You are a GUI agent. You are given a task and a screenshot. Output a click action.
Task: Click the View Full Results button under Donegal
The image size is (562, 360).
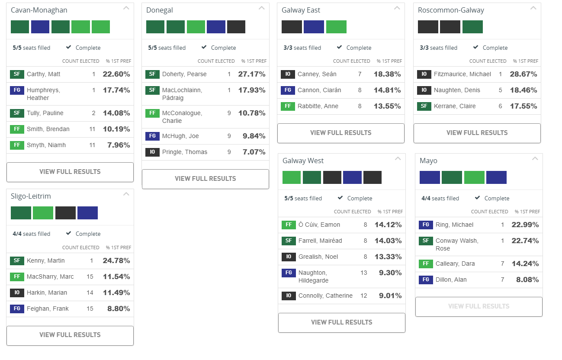[x=205, y=179]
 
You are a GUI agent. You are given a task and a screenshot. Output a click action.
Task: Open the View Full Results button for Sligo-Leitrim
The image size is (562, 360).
[x=70, y=335]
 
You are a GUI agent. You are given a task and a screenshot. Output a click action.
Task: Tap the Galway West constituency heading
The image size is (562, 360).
[x=303, y=161]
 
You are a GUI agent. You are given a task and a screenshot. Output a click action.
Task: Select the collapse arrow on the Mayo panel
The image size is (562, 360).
[x=535, y=159]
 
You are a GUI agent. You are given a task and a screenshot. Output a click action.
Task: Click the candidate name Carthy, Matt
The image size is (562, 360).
[x=43, y=74]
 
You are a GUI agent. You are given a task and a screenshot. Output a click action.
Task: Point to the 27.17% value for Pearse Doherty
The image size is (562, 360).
[x=251, y=74]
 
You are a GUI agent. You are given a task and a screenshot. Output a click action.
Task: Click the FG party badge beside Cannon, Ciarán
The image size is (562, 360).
[x=287, y=90]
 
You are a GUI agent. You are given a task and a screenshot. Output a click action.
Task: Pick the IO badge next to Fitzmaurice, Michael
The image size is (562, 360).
[x=424, y=74]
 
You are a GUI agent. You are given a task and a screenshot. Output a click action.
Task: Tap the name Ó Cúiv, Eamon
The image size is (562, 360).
[x=319, y=225]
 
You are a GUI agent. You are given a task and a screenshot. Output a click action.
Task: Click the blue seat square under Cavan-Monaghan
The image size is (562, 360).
[x=40, y=27]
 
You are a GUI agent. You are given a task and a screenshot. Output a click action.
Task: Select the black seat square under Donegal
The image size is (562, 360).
[x=236, y=27]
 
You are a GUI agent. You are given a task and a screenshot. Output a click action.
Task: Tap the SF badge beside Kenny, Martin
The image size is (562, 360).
[x=17, y=261]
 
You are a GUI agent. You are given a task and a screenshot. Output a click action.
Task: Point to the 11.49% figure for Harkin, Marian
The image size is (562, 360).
[x=116, y=292]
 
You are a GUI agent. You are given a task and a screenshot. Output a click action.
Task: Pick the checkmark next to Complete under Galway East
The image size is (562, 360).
[x=339, y=48]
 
